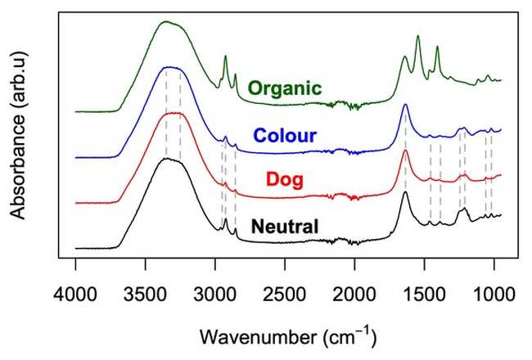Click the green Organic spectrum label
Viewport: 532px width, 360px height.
(285, 88)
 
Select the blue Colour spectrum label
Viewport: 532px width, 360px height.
(285, 135)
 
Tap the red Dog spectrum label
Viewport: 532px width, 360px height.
(286, 180)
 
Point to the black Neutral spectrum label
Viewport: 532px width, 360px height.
(285, 226)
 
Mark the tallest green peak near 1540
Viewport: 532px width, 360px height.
(418, 36)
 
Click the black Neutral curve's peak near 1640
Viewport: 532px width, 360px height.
(404, 193)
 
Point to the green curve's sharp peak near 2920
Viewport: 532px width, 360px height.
(225, 56)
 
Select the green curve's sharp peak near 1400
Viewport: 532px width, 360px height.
(437, 47)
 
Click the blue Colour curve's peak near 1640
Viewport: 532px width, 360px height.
(404, 105)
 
